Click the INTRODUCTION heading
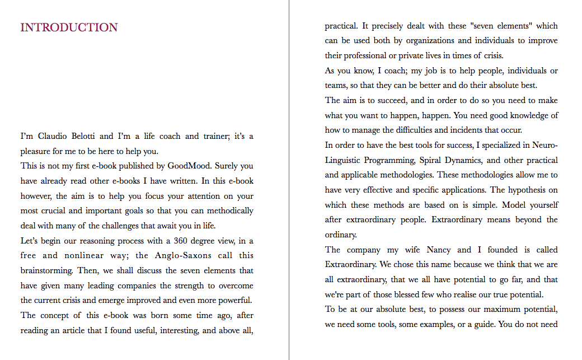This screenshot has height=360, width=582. click(x=69, y=27)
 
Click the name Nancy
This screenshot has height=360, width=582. click(x=438, y=250)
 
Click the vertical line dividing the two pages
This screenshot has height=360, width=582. click(x=289, y=180)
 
